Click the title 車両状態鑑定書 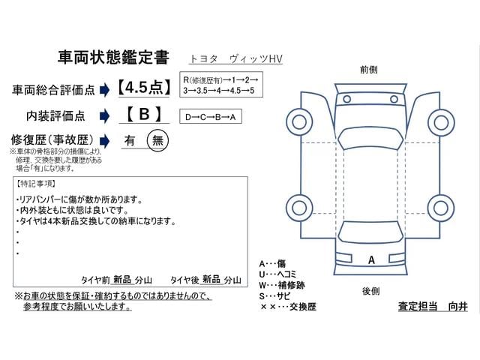pos(113,57)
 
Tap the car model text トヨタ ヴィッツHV pos(235,58)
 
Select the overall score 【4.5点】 pos(144,88)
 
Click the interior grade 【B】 pos(144,114)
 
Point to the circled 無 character pos(157,140)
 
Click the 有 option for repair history pos(130,140)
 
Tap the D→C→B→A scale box pos(211,117)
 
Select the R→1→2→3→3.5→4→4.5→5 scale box pos(221,85)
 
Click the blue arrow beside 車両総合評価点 pos(105,90)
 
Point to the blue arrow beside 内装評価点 pos(105,116)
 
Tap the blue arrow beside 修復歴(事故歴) pos(105,141)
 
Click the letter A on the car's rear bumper pos(371,260)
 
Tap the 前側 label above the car pos(368,70)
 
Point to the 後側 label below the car pos(370,291)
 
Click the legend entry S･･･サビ pos(274,296)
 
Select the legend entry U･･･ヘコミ pos(277,274)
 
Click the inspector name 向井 pos(458,306)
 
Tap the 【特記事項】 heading pos(36,184)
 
